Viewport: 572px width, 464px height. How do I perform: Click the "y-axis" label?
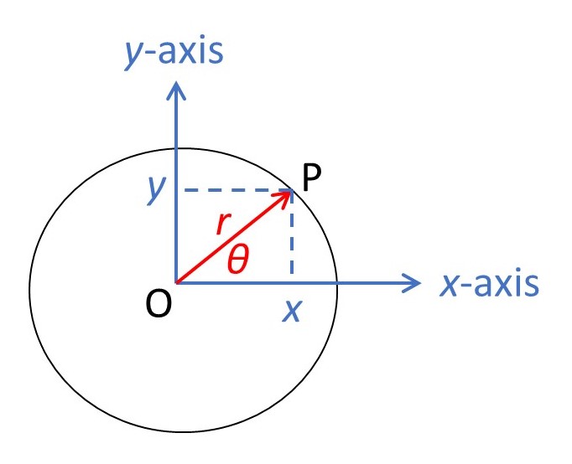(x=174, y=53)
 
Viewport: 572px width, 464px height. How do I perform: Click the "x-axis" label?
(x=489, y=284)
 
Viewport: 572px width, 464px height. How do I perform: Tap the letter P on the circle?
(x=312, y=178)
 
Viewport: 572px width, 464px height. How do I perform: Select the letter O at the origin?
(x=159, y=304)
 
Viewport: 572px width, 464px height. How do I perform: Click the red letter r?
(x=223, y=223)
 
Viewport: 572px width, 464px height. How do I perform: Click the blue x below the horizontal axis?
(x=292, y=312)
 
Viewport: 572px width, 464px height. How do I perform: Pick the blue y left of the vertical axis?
(x=157, y=189)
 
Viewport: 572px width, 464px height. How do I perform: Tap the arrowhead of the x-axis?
(x=412, y=283)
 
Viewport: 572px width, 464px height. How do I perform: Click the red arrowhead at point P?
(x=283, y=198)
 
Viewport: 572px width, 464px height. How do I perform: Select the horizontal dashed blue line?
(x=238, y=190)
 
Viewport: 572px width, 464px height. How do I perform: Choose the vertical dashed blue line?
(x=292, y=232)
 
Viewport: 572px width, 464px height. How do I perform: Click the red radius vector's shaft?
(x=234, y=237)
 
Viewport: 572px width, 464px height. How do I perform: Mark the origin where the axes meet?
(x=177, y=283)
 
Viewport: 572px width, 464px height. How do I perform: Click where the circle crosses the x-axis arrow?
(x=336, y=283)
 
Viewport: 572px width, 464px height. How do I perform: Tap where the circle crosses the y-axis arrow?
(x=177, y=148)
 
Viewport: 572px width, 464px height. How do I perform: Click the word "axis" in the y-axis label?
(x=190, y=50)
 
